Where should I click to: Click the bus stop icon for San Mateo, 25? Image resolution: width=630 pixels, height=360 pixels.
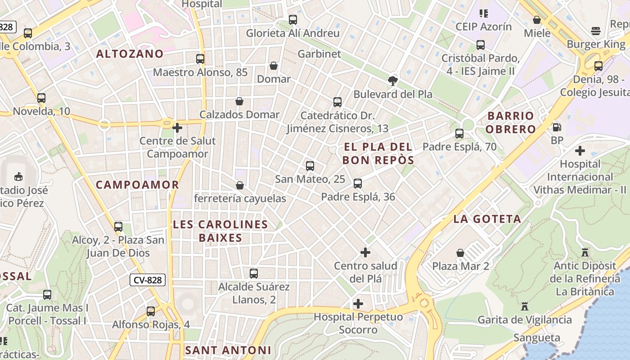coord(310,166)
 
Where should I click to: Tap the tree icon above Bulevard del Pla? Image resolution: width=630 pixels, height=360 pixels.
coord(393,81)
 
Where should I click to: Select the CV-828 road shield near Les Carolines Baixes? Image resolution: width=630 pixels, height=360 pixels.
coord(148,280)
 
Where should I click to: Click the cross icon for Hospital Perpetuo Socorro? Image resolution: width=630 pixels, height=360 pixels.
coord(358,304)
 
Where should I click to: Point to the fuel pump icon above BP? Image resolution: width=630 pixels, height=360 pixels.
coord(557,127)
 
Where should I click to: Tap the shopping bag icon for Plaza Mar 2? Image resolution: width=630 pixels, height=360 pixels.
coord(460,253)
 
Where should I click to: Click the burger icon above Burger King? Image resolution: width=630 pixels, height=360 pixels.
coord(596,31)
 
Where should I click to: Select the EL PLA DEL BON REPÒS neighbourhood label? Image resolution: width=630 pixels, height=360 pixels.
coord(378,153)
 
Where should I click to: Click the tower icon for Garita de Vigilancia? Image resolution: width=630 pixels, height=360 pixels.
coord(524,306)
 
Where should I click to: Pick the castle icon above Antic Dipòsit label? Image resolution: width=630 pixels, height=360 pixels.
coord(585,252)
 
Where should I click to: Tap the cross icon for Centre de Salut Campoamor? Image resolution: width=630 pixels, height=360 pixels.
coord(177,128)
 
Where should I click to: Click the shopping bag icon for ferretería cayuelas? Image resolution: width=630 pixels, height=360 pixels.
coord(240,185)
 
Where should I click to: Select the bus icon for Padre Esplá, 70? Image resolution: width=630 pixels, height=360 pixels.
coord(459,134)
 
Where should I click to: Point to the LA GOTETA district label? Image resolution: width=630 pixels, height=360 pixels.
coord(487,219)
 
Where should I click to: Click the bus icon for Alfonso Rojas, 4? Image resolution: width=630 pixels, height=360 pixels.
coord(151,311)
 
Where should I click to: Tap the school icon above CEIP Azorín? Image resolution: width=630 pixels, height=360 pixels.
coord(484,13)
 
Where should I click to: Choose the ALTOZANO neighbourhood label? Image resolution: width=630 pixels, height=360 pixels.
coord(130,54)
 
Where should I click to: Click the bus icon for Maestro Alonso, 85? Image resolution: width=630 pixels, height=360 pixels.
coord(200,59)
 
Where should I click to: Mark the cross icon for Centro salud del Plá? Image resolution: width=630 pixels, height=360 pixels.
coord(365,252)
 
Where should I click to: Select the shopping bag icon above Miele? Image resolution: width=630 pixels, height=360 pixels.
coord(537,20)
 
